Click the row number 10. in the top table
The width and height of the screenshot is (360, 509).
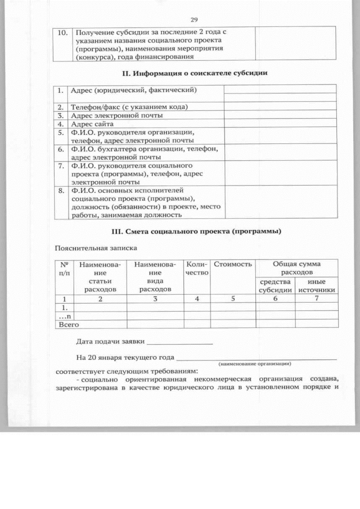[x=64, y=33]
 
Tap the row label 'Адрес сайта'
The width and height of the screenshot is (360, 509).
[x=93, y=123]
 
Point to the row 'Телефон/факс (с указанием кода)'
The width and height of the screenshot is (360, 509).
[x=129, y=107]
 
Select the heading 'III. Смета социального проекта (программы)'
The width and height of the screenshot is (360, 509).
[x=195, y=231]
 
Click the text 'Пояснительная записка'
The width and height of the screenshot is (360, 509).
[x=95, y=247]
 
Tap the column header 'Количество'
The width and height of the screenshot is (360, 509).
[x=197, y=268]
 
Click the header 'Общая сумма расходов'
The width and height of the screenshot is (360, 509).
[x=296, y=268]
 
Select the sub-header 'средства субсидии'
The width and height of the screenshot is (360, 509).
[x=275, y=286]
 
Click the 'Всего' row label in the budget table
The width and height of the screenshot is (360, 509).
[x=67, y=324]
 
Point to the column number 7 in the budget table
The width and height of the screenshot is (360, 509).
[x=317, y=299]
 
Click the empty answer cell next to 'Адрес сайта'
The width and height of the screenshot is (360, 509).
[x=280, y=123]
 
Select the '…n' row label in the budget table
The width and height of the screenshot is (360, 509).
[x=65, y=316]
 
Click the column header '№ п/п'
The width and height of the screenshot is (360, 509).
[x=64, y=268]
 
